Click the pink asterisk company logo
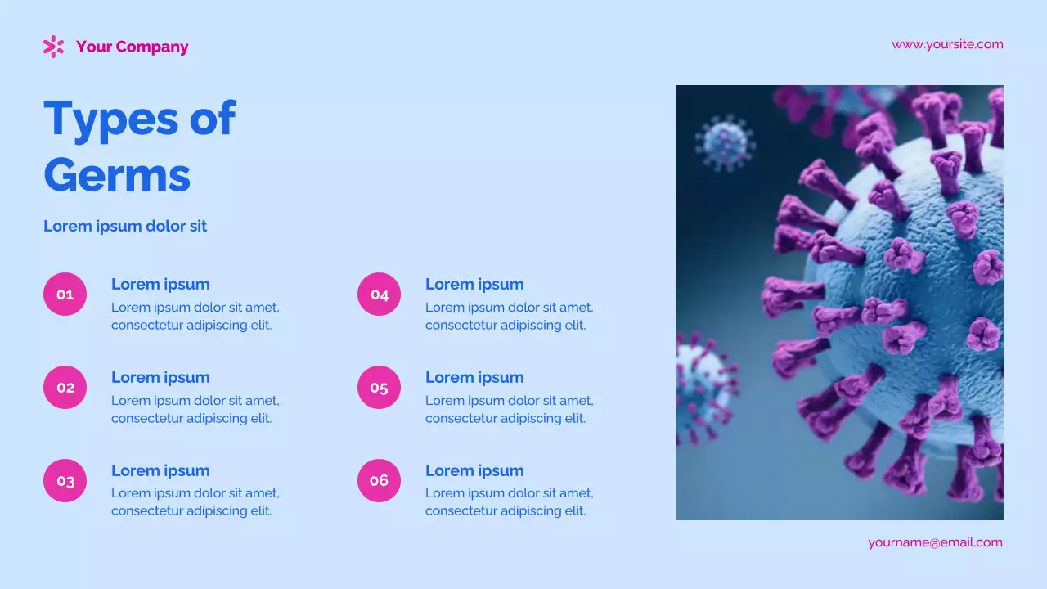[x=53, y=47]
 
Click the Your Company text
[x=132, y=47]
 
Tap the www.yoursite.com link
[x=947, y=44]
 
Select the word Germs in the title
[x=117, y=174]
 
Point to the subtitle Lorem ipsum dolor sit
[x=125, y=226]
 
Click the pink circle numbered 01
[x=65, y=294]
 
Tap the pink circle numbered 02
[x=65, y=387]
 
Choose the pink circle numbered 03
[x=65, y=480]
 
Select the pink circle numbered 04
[x=379, y=294]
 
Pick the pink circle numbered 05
[x=379, y=387]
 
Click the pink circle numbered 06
[x=379, y=480]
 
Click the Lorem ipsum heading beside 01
[x=160, y=284]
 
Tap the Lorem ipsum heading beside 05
[x=474, y=377]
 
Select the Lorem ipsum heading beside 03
[x=160, y=470]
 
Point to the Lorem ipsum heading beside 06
[x=474, y=470]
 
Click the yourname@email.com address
[x=935, y=542]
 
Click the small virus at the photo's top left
[x=725, y=143]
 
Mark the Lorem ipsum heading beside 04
[x=474, y=284]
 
